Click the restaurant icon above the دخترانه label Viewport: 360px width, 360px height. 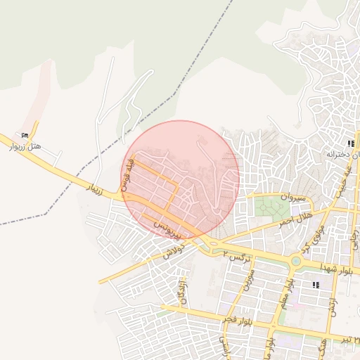350,143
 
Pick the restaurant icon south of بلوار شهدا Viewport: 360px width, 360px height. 315,285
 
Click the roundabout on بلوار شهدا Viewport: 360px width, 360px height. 296,263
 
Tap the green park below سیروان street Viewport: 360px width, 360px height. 266,207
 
